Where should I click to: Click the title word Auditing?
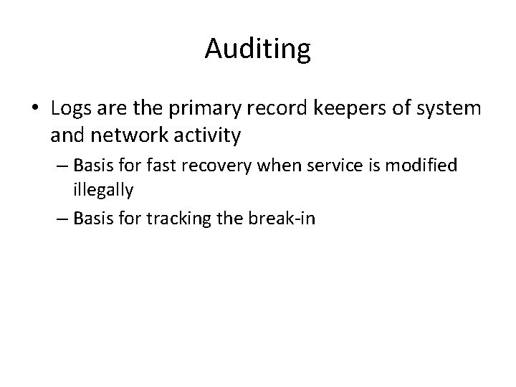pos(257,49)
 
